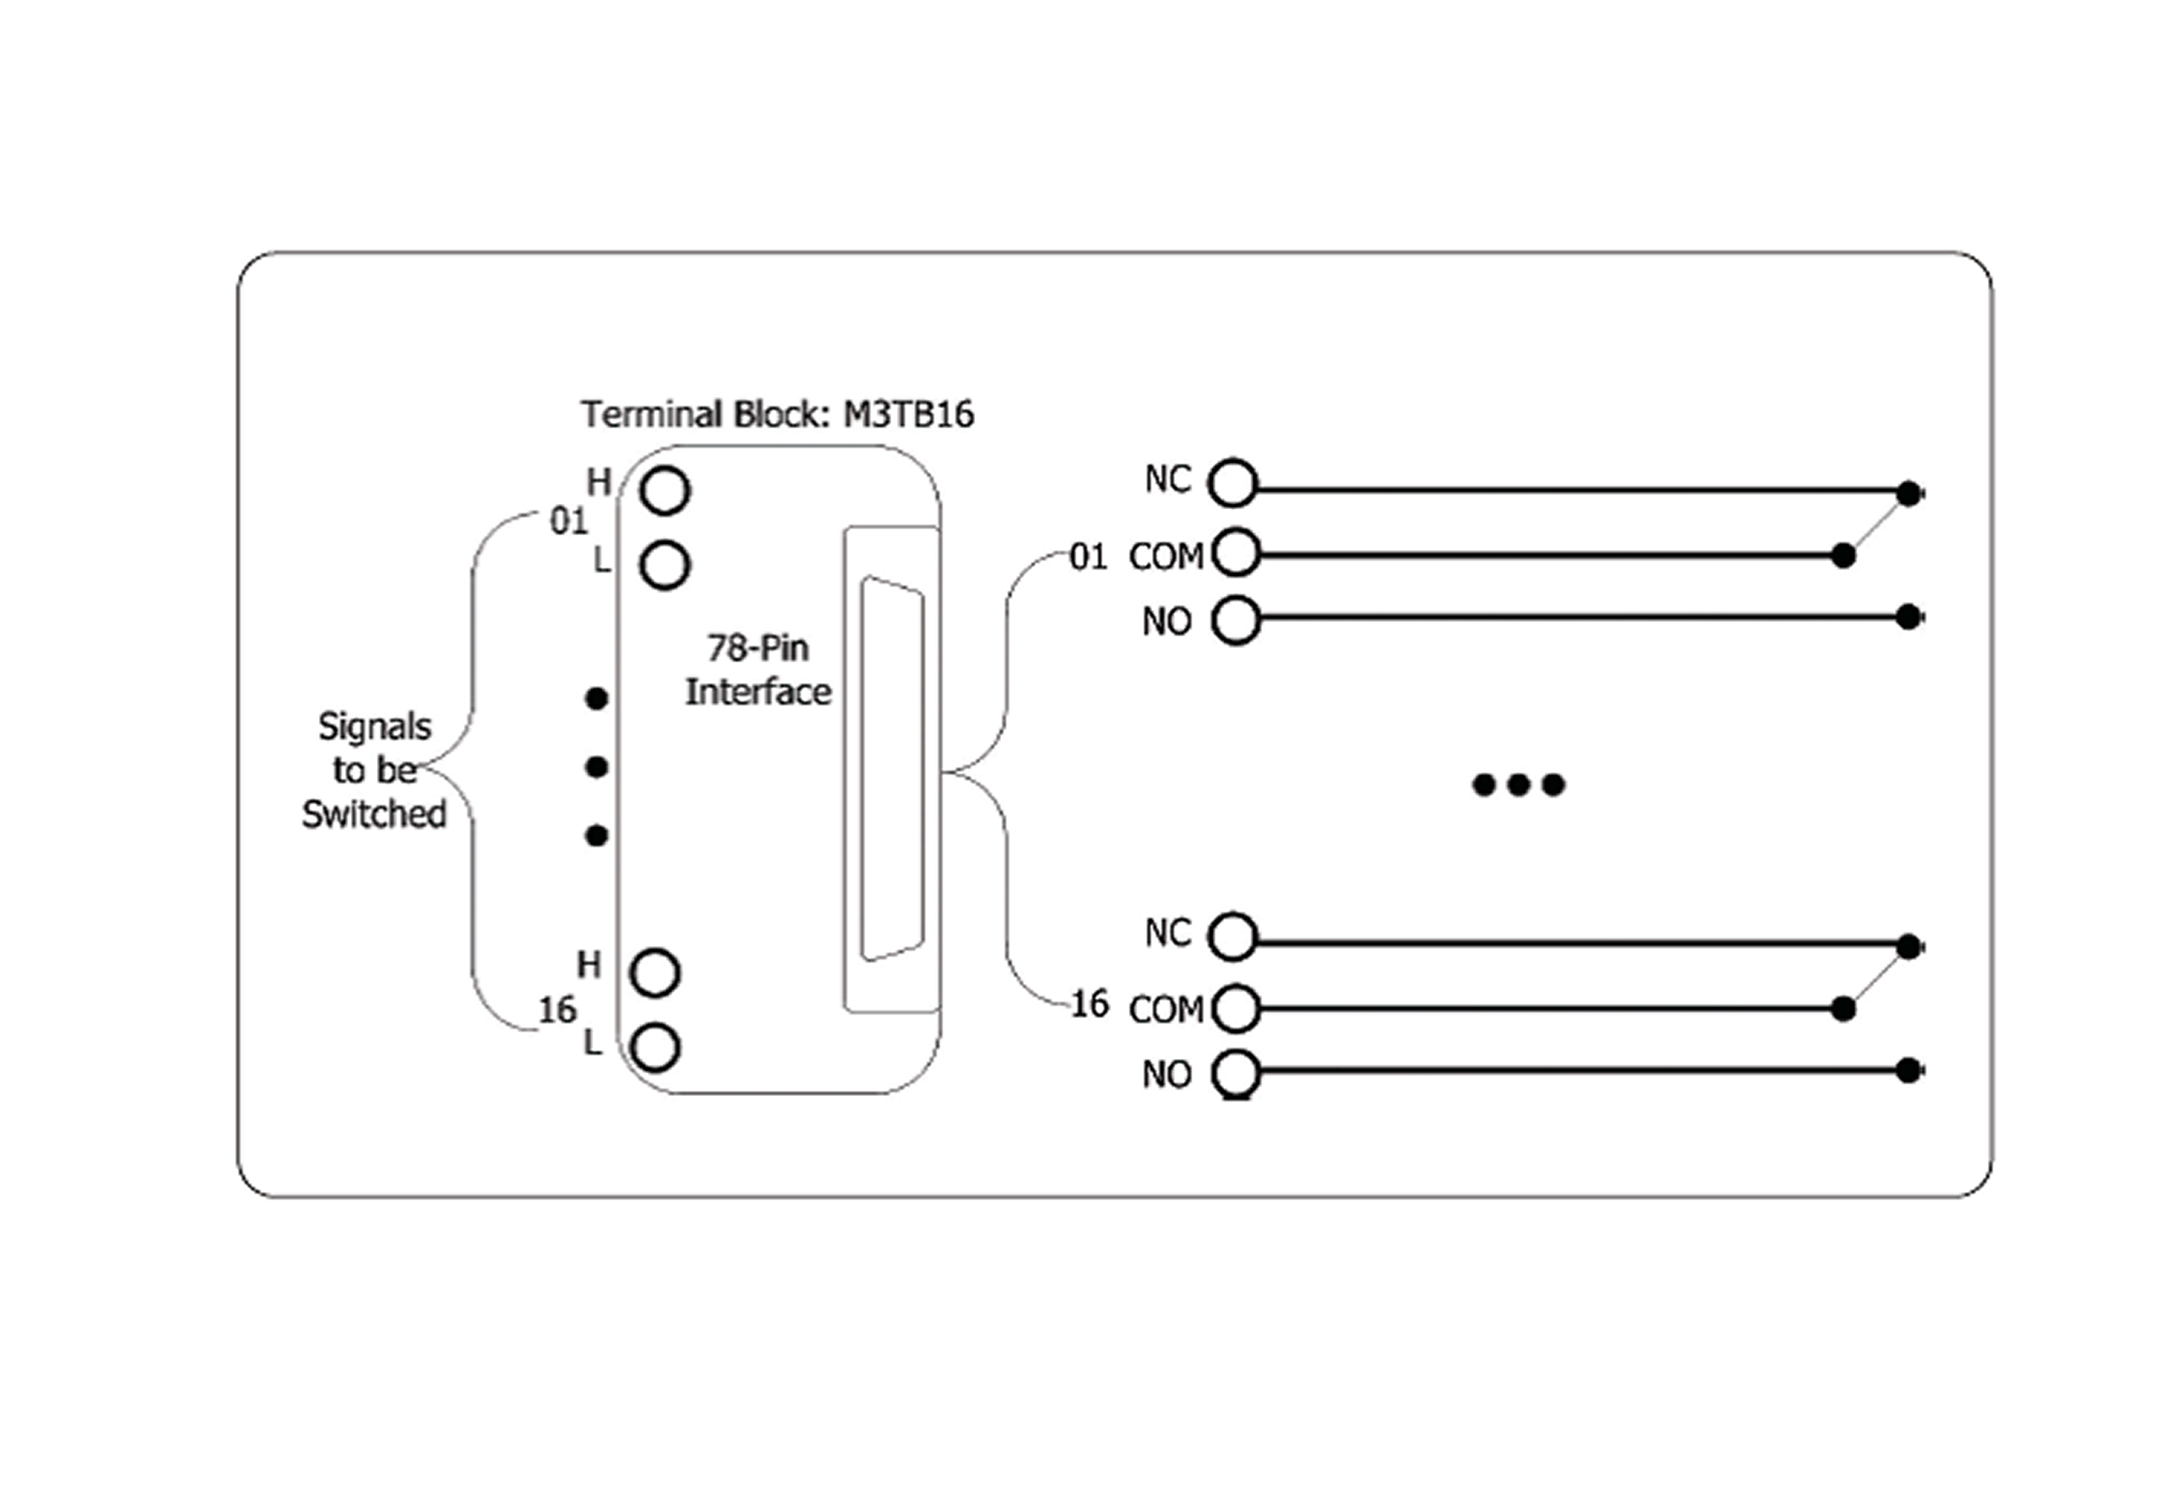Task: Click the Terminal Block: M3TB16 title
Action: point(777,414)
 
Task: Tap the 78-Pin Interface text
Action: point(757,671)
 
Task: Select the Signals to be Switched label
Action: point(374,769)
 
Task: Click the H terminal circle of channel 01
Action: point(665,491)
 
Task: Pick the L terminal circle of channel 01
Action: point(665,566)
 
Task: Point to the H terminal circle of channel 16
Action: point(655,973)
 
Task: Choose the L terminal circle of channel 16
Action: point(655,1047)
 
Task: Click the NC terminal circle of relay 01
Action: point(1234,483)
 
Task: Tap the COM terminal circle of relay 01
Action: point(1236,553)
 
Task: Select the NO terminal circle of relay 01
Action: point(1236,620)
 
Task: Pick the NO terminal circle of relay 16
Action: point(1236,1074)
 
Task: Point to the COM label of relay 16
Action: point(1166,1011)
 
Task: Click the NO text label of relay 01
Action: point(1166,622)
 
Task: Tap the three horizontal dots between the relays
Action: point(1519,784)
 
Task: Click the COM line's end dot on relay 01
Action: point(1843,555)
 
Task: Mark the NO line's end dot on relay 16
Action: point(1909,1070)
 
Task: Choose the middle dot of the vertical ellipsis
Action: point(596,767)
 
